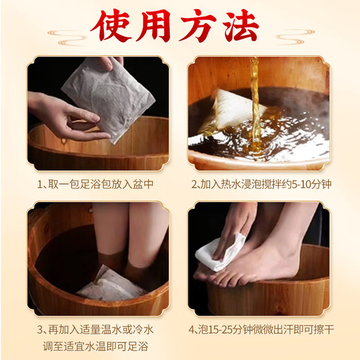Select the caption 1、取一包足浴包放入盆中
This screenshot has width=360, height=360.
(x=95, y=186)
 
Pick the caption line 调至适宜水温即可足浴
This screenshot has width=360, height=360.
(x=96, y=346)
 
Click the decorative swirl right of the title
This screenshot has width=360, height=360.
(x=294, y=32)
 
